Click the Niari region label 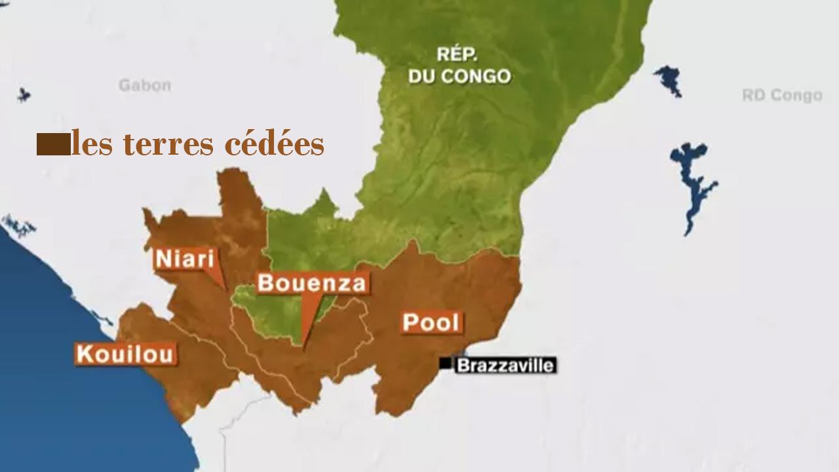coord(185,258)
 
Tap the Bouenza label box coord(311,283)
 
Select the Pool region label coord(431,322)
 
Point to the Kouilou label coord(125,354)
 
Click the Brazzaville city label coord(505,365)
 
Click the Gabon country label coord(145,85)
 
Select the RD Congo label coord(782,96)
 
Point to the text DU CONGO coord(459,77)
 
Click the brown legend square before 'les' coord(52,144)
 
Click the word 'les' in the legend coord(88,144)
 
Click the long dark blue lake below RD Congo coord(692,184)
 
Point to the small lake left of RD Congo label coord(669,79)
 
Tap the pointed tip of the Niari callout coord(224,288)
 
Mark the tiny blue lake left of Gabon coord(24,94)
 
